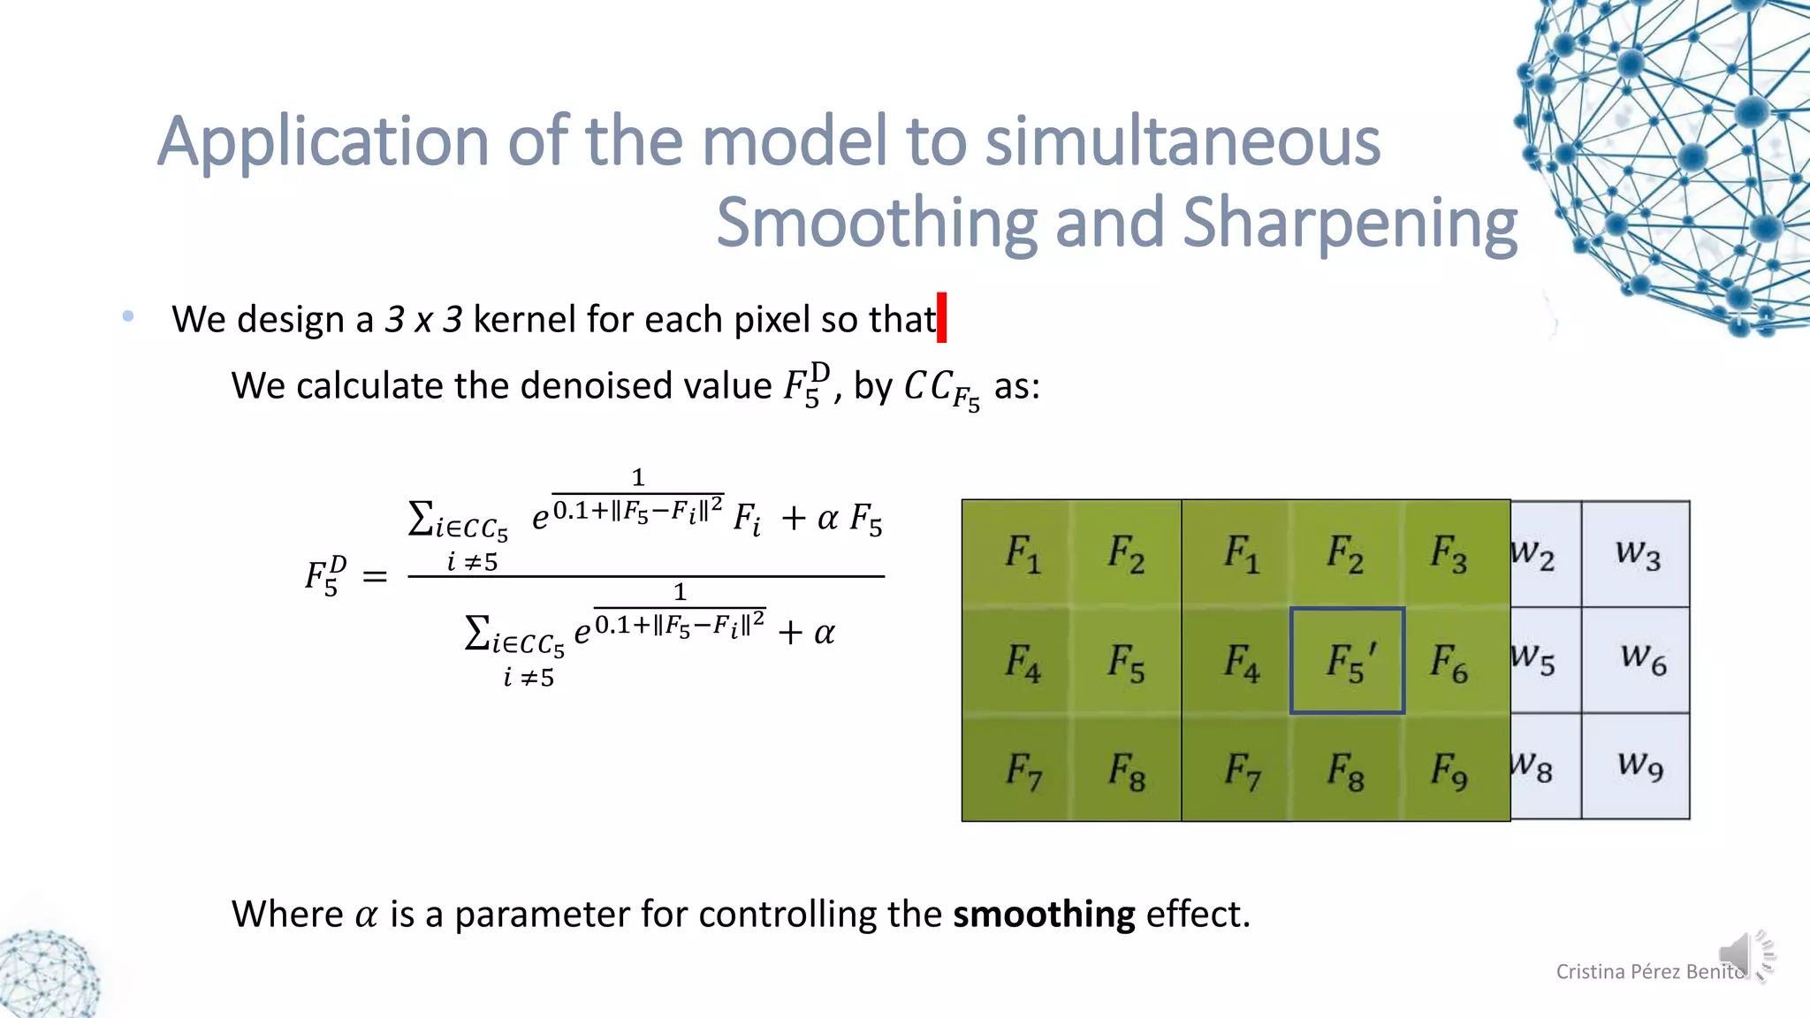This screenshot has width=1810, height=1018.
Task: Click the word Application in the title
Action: pyautogui.click(x=322, y=143)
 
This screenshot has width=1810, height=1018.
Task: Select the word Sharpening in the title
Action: pyautogui.click(x=1350, y=223)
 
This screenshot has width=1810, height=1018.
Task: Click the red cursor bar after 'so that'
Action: pyautogui.click(x=942, y=318)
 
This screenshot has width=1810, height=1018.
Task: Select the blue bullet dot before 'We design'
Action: pyautogui.click(x=129, y=315)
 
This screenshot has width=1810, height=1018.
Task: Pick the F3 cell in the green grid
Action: pyautogui.click(x=1449, y=554)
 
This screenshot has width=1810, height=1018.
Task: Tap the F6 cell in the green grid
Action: pyautogui.click(x=1449, y=663)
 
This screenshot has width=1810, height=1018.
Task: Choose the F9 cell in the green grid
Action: pyautogui.click(x=1449, y=770)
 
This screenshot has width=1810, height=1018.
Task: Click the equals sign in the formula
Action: pyautogui.click(x=375, y=577)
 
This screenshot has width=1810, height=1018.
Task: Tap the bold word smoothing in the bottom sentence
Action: pyautogui.click(x=1044, y=915)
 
